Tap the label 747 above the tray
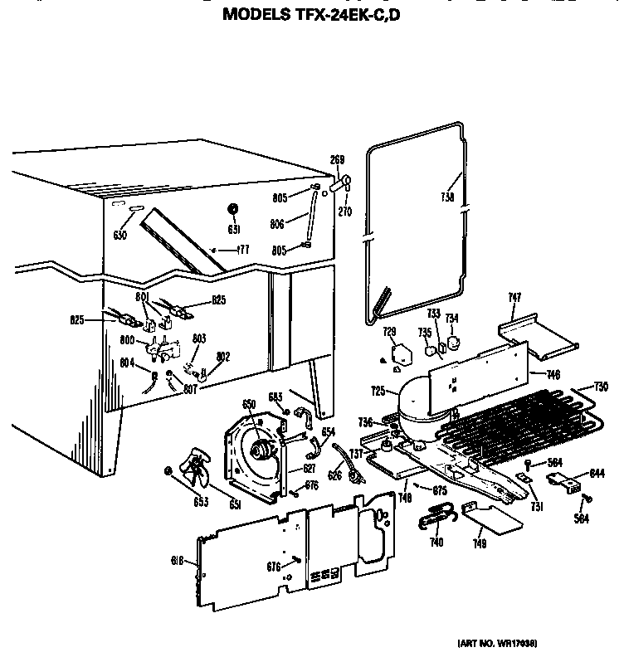pos(514,297)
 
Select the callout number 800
pos(128,339)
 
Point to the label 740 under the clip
pos(436,542)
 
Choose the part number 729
pos(389,332)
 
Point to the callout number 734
pos(451,319)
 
